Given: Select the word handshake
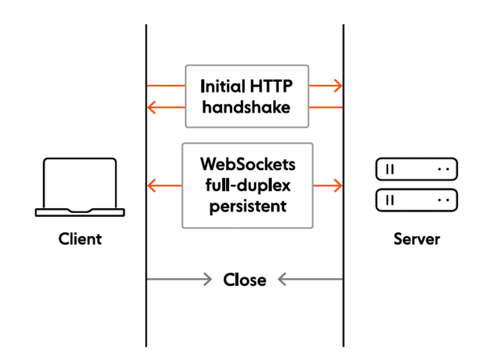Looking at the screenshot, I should pos(246,107).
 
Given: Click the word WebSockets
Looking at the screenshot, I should pos(248,164).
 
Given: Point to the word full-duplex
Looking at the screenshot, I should pos(248,185).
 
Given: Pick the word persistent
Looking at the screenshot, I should pos(248,206).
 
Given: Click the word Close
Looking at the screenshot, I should pos(244,280).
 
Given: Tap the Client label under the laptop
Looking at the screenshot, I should pos(80,239).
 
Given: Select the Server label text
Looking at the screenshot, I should pos(417,239).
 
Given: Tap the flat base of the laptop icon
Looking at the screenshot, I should pos(80,212).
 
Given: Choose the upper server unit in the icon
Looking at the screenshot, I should pos(416,169).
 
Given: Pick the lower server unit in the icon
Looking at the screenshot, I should pos(416,200).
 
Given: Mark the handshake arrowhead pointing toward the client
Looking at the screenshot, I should pos(151,107).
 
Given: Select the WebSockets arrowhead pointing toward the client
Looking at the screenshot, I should pos(152,186).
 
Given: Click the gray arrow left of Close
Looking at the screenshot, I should pos(208,279).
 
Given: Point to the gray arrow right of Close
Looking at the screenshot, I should pos(282,279).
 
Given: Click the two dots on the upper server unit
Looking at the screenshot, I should pos(443,169).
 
